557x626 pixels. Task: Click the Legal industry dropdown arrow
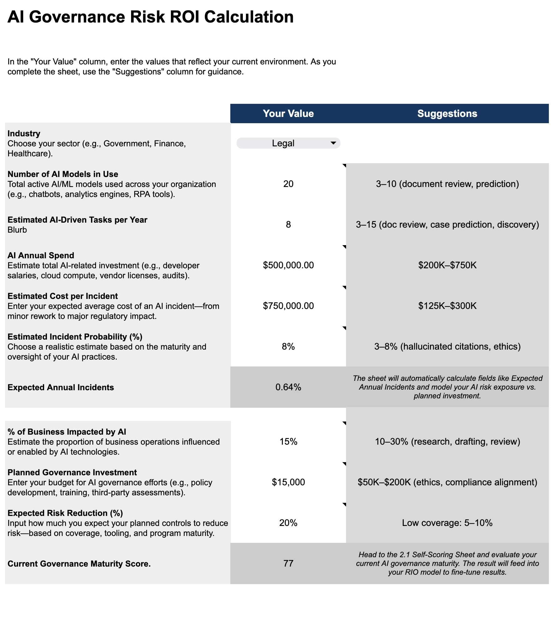tap(333, 143)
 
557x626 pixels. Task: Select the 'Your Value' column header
tap(288, 114)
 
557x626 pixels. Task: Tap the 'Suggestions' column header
tap(447, 114)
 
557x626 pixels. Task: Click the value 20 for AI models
tap(288, 184)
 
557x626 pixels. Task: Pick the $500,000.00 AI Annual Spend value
tap(288, 265)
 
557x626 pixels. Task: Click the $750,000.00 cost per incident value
tap(288, 306)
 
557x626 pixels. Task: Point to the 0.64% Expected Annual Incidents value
tap(288, 387)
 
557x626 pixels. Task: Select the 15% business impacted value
tap(288, 442)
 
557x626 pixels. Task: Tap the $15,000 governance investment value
tap(288, 482)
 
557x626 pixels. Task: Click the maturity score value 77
tap(288, 563)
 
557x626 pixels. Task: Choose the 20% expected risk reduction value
tap(288, 523)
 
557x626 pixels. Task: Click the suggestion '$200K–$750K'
tap(447, 265)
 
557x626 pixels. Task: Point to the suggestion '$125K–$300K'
tap(447, 306)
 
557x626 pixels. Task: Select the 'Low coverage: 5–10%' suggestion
tap(447, 523)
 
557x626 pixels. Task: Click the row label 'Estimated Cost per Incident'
tap(63, 296)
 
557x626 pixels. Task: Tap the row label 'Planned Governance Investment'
tap(72, 472)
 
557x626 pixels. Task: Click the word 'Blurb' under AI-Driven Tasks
tap(17, 230)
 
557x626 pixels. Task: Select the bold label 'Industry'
tap(24, 134)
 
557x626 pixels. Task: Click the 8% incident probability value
tap(288, 346)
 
